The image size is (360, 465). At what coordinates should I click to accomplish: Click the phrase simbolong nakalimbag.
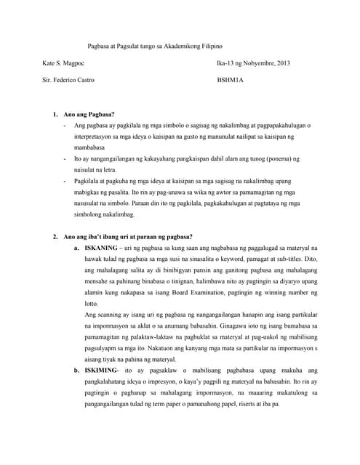(x=105, y=215)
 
